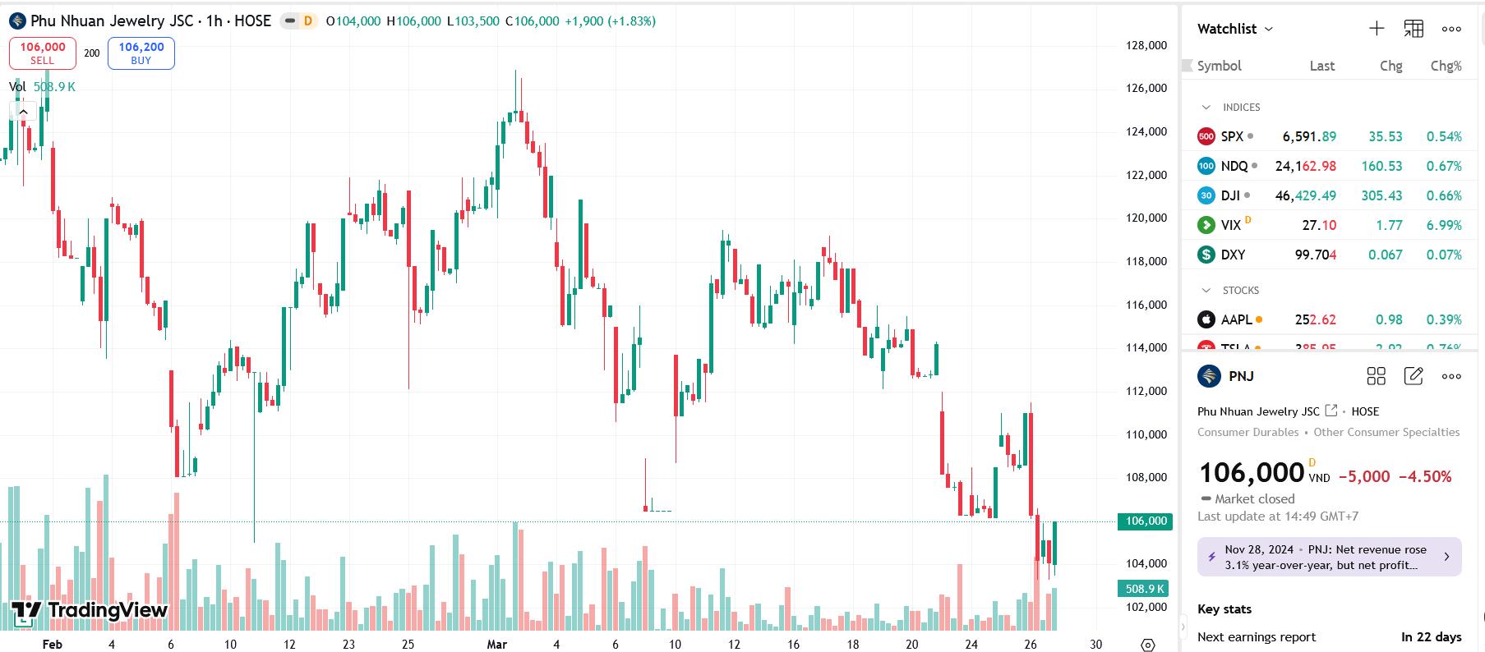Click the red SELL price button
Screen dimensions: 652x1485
(x=43, y=53)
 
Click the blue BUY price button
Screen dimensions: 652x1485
(x=141, y=53)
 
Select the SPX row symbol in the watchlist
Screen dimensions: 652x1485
(x=1232, y=136)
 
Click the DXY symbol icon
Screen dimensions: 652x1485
(x=1206, y=255)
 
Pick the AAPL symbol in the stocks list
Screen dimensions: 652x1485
(x=1236, y=319)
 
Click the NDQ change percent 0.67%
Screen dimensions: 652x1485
(x=1444, y=166)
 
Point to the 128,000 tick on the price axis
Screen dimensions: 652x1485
(x=1146, y=45)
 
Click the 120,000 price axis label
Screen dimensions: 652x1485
(x=1146, y=218)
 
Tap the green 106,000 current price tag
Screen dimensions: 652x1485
(x=1146, y=521)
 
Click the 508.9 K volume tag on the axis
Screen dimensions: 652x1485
(x=1146, y=589)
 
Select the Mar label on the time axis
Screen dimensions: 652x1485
(x=496, y=645)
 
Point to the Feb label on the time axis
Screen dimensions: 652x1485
(x=52, y=645)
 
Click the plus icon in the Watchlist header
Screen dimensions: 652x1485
(x=1377, y=29)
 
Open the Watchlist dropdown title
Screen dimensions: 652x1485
(x=1234, y=29)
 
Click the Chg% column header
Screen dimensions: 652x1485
(x=1446, y=66)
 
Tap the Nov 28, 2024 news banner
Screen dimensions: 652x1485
(x=1329, y=557)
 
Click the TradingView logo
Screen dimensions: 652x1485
(x=90, y=610)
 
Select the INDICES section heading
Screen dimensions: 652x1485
(x=1241, y=108)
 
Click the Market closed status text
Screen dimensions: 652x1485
(x=1254, y=498)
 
